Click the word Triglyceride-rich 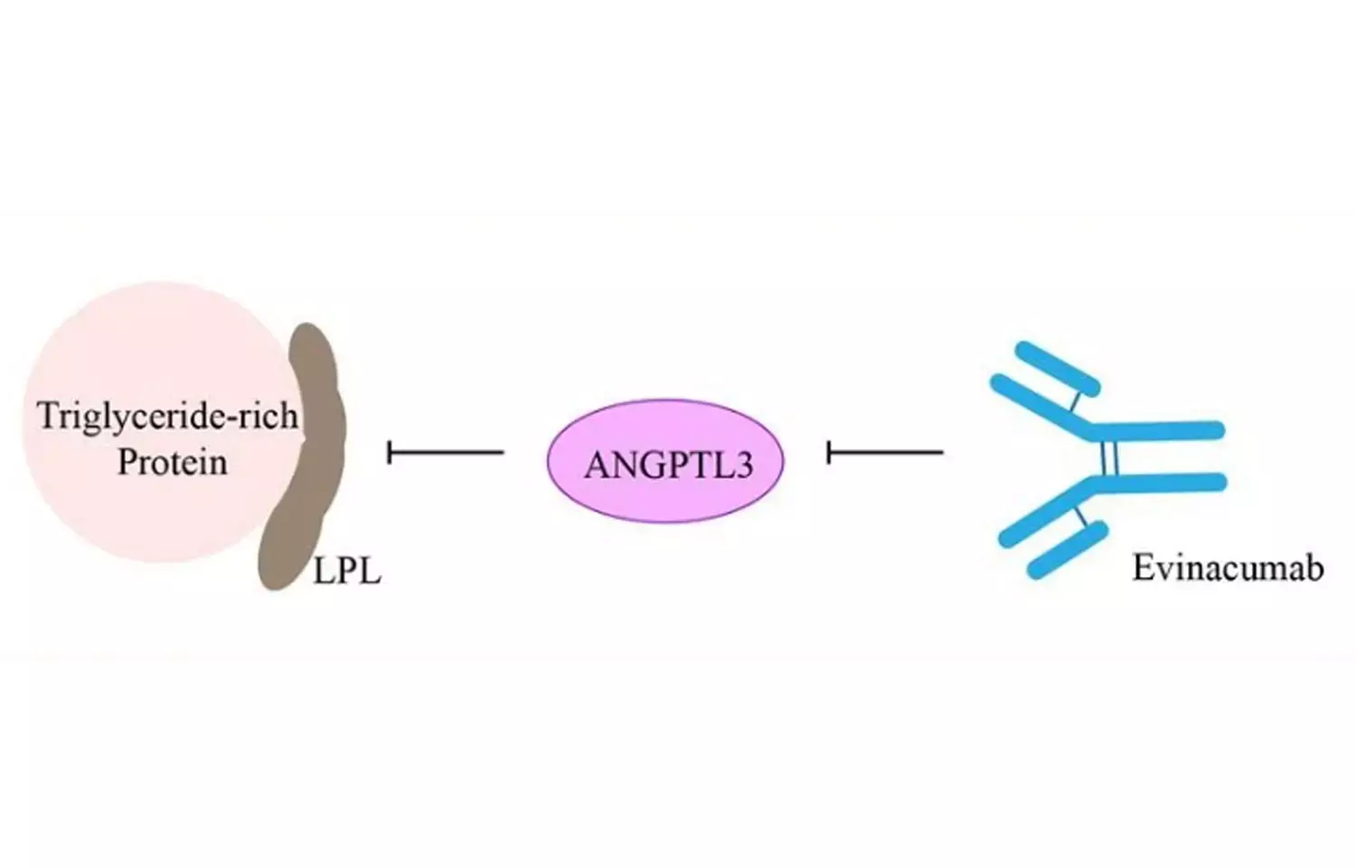click(167, 417)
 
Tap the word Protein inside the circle click(172, 463)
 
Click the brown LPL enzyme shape click(307, 452)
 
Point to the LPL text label click(347, 571)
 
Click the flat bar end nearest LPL click(390, 451)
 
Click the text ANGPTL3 click(668, 465)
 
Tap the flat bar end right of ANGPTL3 click(829, 451)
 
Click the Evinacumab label click(1228, 568)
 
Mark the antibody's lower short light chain click(1068, 549)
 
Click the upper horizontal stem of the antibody click(1166, 430)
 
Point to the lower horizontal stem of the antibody click(1166, 482)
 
